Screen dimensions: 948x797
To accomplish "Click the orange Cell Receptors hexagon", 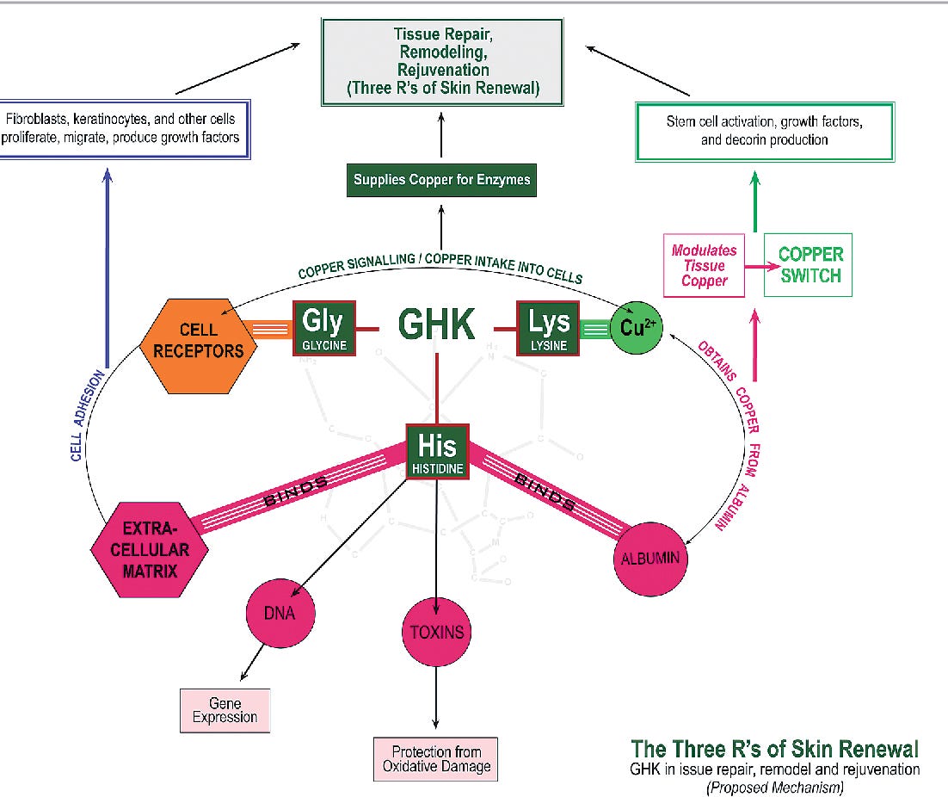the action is coord(199,346).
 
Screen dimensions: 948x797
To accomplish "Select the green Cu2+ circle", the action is coord(637,327).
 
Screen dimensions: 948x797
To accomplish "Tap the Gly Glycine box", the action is coord(324,329).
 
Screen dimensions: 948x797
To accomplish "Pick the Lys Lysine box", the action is coord(548,329).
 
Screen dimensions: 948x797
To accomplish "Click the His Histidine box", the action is coord(437,452).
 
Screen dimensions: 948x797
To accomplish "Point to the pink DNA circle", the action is coord(280,613).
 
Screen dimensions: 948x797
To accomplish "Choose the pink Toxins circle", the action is coord(436,632).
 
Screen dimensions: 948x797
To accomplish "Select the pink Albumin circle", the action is coord(650,559).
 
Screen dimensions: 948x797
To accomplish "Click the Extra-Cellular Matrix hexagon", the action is coord(150,550).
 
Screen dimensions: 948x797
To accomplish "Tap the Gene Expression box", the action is coord(225,711).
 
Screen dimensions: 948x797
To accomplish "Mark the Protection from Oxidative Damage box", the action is coord(436,759).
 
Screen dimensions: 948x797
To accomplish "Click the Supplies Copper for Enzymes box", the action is coord(441,180).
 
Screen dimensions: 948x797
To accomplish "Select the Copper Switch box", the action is coord(808,265).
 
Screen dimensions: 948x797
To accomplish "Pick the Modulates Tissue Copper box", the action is coord(704,265).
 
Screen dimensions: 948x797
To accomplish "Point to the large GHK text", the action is coord(436,324).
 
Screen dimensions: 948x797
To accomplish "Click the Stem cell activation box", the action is coord(765,132).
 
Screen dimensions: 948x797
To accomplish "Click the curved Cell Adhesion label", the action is coord(85,416).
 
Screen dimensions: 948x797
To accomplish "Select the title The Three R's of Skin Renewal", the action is coord(774,749).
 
